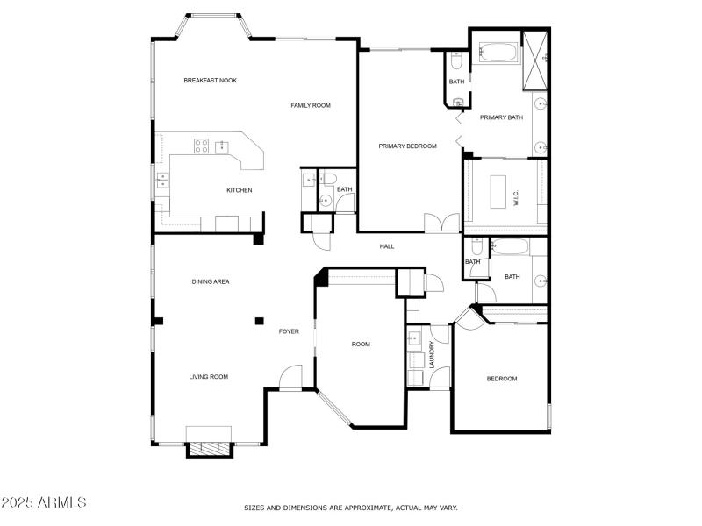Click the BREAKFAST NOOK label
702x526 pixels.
pos(210,81)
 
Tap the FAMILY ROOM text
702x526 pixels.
pos(311,105)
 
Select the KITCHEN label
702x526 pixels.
pos(240,190)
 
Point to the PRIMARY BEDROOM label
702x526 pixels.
pos(407,146)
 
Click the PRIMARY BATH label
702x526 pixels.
pos(501,117)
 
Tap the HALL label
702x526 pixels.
pos(387,246)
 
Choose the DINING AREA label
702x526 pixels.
pos(211,281)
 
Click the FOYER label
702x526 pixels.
pos(289,331)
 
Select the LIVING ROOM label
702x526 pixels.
pos(209,377)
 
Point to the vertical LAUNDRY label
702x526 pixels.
pos(432,355)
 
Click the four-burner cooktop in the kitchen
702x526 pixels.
pos(201,146)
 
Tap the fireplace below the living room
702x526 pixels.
pos(209,448)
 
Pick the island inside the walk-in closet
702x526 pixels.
pos(498,191)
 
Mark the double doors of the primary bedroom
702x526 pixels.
pos(441,223)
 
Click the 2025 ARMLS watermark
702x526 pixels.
pos(44,503)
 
